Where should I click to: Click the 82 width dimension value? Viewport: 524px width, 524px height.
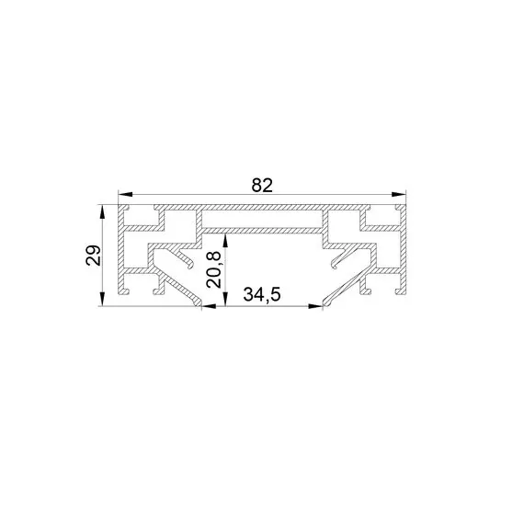coord(262,186)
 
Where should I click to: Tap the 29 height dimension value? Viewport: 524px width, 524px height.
coord(93,256)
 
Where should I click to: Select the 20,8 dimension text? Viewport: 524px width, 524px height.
coord(213,269)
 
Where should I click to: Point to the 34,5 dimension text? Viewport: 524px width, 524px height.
coord(262,294)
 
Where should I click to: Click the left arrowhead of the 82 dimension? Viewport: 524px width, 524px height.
coord(126,194)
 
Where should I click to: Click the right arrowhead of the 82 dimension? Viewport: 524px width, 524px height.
coord(398,194)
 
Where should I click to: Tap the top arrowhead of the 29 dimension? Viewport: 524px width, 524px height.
coord(102,212)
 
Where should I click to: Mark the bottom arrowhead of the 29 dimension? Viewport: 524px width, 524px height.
coord(102,299)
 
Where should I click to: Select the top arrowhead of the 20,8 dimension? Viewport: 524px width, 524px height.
coord(225,241)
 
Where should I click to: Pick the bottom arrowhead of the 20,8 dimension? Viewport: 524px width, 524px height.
coord(225,299)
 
